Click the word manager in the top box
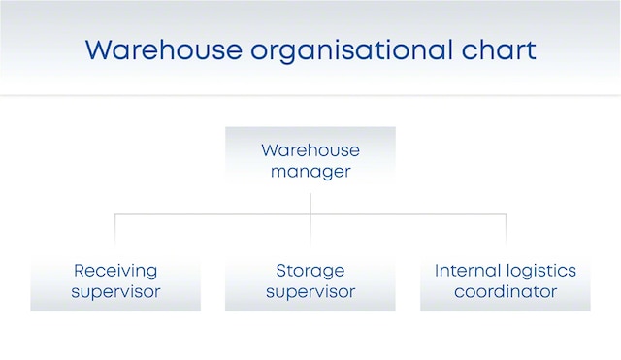pyautogui.click(x=310, y=172)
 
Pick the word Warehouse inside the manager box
pyautogui.click(x=310, y=150)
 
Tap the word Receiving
pyautogui.click(x=115, y=270)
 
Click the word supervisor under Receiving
pyautogui.click(x=115, y=291)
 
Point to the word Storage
pyautogui.click(x=310, y=270)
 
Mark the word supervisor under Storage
pyautogui.click(x=310, y=291)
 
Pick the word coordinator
pyautogui.click(x=506, y=291)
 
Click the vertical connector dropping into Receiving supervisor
pyautogui.click(x=115, y=228)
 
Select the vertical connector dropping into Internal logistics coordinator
pyautogui.click(x=506, y=228)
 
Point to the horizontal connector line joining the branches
pyautogui.click(x=213, y=214)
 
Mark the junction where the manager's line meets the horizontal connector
pyautogui.click(x=310, y=214)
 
